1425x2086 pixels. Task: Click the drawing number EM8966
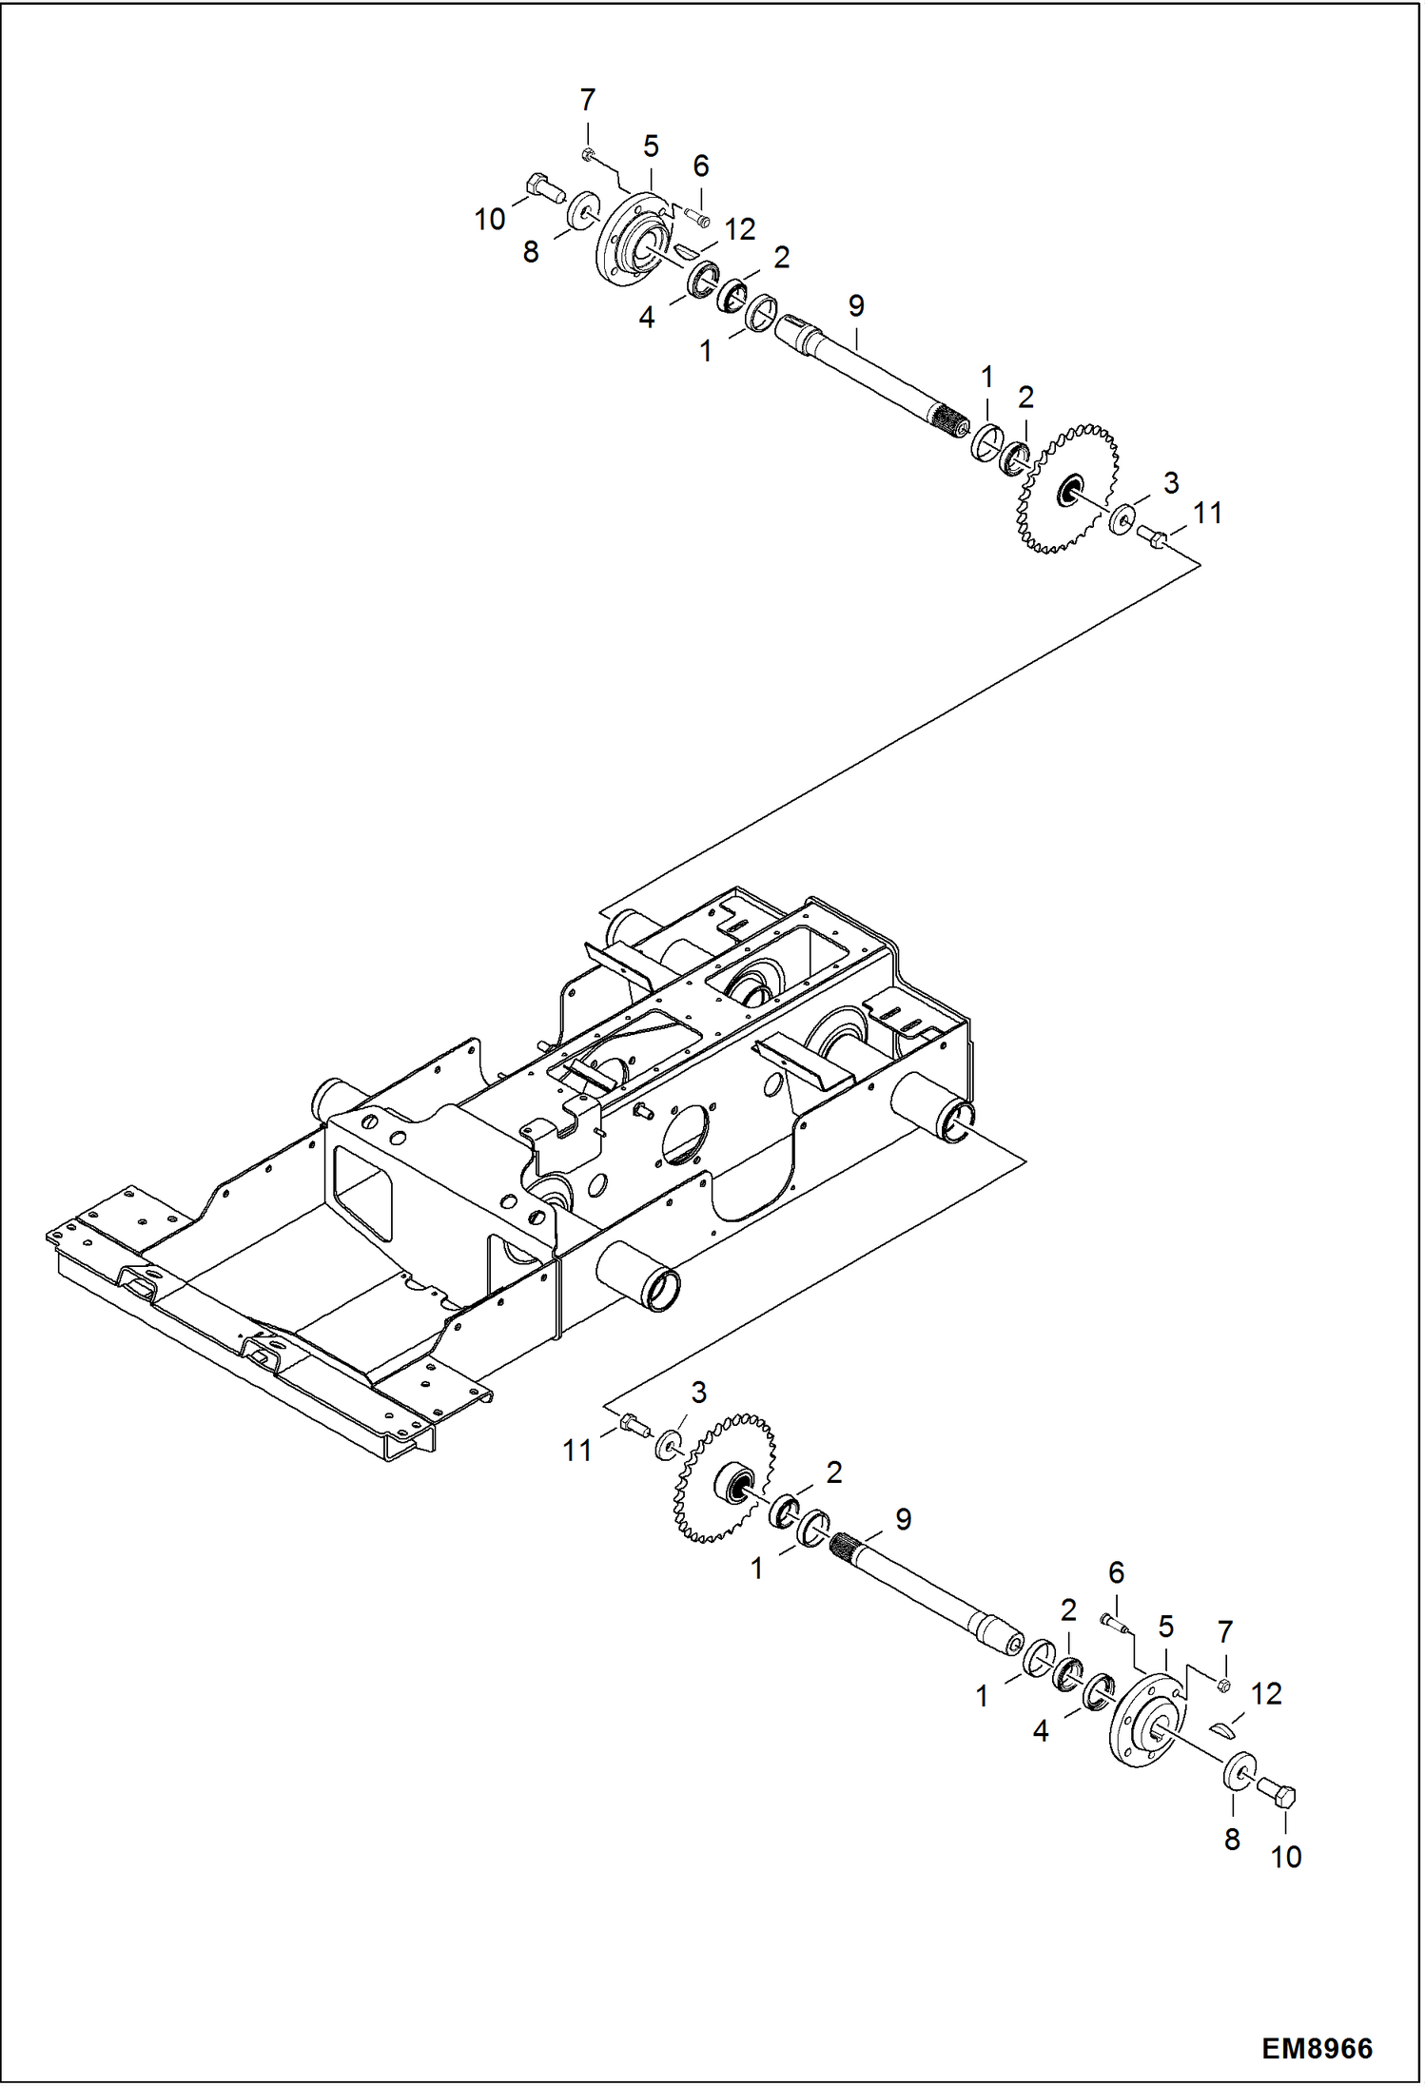point(1317,2048)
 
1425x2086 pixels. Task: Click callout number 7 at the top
point(587,100)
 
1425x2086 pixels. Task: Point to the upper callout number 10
point(489,220)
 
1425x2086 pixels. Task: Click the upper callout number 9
point(856,306)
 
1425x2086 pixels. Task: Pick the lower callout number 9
point(903,1519)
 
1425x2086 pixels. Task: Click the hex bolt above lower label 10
point(1277,1796)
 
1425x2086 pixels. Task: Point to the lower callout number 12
point(1266,1693)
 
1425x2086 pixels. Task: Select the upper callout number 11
point(1207,513)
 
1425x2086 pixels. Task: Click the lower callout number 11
point(576,1451)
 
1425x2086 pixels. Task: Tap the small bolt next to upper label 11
point(1152,538)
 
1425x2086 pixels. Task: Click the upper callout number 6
point(700,166)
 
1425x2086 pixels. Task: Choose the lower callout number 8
point(1232,1840)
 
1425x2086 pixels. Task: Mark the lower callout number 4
point(1041,1731)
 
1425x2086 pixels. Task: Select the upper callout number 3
point(1171,482)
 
